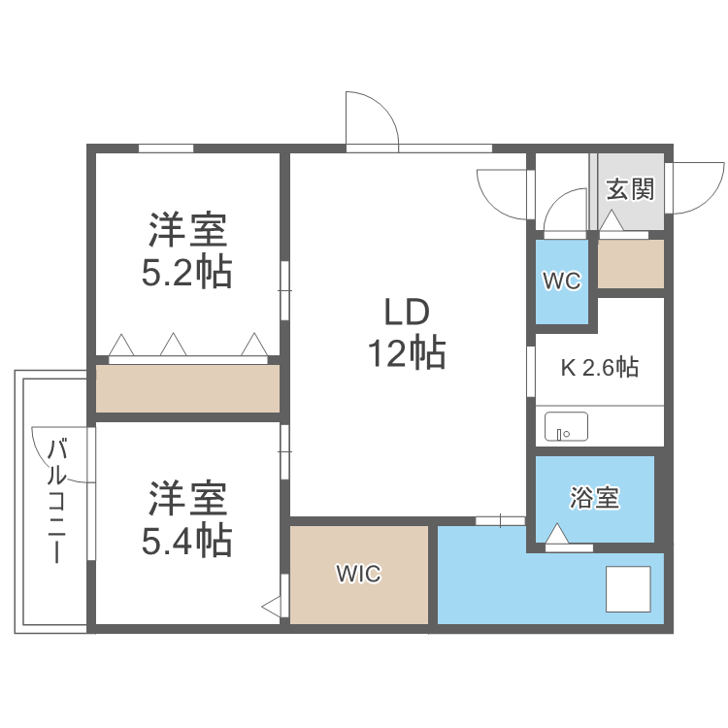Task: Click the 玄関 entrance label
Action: pos(630,188)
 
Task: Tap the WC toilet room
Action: pos(561,281)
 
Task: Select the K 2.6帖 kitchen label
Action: pos(599,368)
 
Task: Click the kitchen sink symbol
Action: pos(566,426)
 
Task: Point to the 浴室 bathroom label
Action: pos(594,499)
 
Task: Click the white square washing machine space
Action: pos(628,588)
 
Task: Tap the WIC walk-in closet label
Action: pos(359,574)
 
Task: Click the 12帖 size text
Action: pos(406,354)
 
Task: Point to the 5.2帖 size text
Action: pos(187,274)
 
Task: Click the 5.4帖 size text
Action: pos(187,540)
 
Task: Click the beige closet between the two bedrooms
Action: pos(187,388)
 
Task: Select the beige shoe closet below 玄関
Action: pos(630,264)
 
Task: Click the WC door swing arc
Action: pos(565,212)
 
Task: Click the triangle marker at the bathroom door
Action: pos(556,534)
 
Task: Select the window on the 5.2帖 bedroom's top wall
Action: pos(165,149)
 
